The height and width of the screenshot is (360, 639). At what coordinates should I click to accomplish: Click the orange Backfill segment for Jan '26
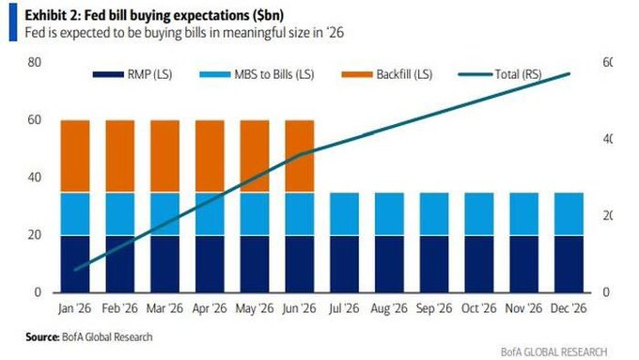click(x=74, y=156)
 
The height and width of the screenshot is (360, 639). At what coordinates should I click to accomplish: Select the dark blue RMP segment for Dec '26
click(x=570, y=263)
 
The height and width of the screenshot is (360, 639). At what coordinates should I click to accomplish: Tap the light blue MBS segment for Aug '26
click(x=390, y=213)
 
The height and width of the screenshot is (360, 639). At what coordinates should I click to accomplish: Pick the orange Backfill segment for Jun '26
click(x=300, y=156)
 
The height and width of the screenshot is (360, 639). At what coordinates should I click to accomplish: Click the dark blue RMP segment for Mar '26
click(x=164, y=263)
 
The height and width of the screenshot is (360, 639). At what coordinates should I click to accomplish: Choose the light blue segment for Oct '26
click(x=480, y=213)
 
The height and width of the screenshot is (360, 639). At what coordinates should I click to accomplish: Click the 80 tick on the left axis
click(x=34, y=62)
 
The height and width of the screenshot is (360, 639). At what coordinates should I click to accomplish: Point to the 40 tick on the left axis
click(x=34, y=178)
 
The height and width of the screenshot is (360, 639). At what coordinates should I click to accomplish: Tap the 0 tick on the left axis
click(x=38, y=292)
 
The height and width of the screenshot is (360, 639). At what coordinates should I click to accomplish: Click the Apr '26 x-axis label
click(x=210, y=308)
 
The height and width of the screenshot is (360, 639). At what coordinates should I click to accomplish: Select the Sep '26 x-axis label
click(x=435, y=308)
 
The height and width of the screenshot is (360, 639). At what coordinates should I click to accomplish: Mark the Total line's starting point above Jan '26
click(x=74, y=269)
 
